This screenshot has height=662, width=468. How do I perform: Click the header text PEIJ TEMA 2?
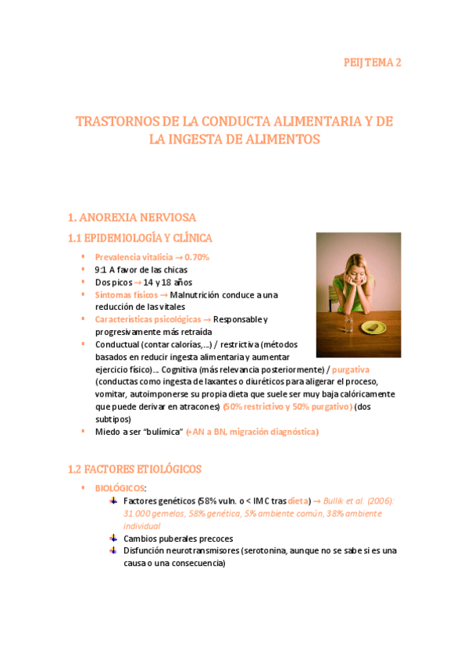pyautogui.click(x=373, y=63)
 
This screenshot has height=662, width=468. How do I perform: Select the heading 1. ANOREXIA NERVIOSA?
pyautogui.click(x=131, y=217)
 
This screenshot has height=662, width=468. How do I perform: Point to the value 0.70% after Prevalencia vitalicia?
pyautogui.click(x=197, y=257)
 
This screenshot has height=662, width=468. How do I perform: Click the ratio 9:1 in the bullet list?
pyautogui.click(x=101, y=269)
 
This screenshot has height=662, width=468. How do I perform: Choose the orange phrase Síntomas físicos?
pyautogui.click(x=125, y=295)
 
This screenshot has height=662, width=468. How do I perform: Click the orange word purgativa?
pyautogui.click(x=350, y=369)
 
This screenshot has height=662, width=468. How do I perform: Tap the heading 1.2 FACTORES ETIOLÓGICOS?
pyautogui.click(x=134, y=469)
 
